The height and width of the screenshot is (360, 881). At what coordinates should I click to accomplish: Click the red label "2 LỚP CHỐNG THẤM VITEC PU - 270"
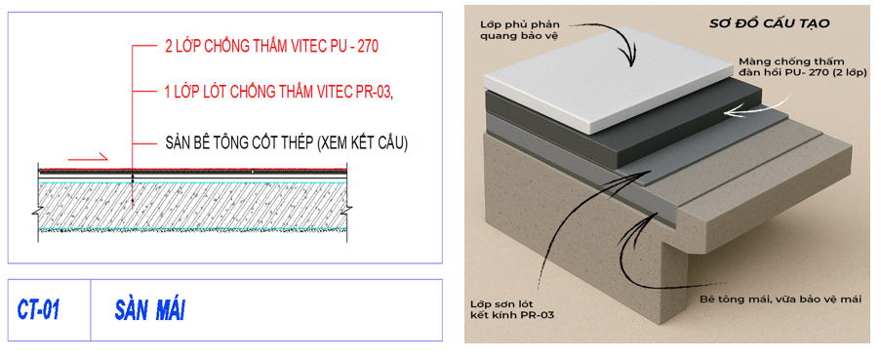(271, 47)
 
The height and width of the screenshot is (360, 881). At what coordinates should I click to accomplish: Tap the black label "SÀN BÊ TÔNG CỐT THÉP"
(239, 143)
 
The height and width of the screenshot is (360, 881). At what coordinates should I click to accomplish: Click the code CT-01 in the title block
(38, 309)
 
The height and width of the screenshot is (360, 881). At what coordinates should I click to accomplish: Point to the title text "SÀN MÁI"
(149, 309)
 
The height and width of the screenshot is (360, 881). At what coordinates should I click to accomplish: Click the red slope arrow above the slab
(88, 157)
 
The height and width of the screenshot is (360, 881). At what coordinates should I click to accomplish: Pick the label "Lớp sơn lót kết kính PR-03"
(512, 309)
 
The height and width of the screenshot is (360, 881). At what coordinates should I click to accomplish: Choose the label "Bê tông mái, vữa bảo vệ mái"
(781, 300)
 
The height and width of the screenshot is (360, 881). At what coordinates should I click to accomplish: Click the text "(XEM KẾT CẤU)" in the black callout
(362, 143)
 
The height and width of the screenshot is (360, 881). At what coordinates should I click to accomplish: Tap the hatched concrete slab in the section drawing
(192, 206)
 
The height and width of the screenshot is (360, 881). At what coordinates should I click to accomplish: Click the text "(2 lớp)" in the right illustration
(826, 72)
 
